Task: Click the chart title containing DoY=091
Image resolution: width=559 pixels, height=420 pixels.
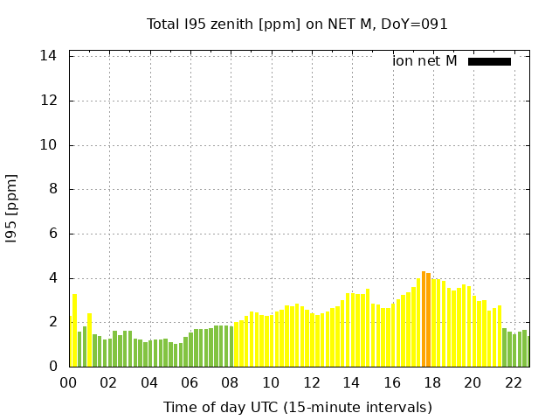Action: (x=297, y=24)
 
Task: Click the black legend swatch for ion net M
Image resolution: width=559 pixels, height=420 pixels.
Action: (x=489, y=61)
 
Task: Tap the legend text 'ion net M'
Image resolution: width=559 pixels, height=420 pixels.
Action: (x=424, y=61)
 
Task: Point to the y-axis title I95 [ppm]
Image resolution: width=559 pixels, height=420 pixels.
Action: (x=12, y=208)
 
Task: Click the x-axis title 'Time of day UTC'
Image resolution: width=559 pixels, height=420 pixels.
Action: (x=297, y=407)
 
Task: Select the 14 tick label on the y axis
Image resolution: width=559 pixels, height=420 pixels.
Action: (x=49, y=56)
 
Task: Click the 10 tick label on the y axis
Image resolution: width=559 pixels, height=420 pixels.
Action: (x=49, y=145)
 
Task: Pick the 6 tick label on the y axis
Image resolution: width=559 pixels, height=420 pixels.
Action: (x=53, y=234)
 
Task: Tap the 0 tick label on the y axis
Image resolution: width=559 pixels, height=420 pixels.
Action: (x=53, y=367)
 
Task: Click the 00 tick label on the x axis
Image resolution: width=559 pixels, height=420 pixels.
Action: (x=69, y=383)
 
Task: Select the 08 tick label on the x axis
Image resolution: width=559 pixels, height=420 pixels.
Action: (x=231, y=383)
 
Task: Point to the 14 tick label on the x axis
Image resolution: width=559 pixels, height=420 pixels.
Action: (x=351, y=383)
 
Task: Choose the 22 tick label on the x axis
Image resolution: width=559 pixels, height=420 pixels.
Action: (x=513, y=383)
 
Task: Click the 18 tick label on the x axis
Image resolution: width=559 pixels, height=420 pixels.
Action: (x=432, y=383)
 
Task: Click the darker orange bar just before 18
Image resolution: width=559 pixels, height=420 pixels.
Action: (x=428, y=319)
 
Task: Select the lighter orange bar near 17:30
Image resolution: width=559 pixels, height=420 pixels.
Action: (x=423, y=318)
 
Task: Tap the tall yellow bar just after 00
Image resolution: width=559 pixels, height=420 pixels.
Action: (x=74, y=330)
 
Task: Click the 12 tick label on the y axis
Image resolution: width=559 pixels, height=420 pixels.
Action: (x=49, y=101)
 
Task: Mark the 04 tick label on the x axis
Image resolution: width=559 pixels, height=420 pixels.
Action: (x=149, y=383)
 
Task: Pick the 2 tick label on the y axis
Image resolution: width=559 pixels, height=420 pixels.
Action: (x=53, y=322)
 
